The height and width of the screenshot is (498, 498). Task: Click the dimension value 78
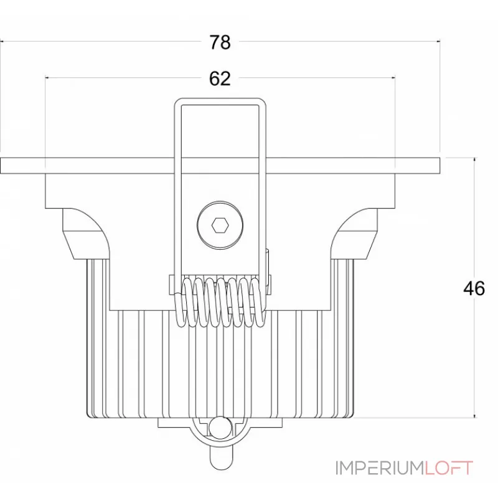(220, 42)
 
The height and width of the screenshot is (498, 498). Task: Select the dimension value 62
(220, 78)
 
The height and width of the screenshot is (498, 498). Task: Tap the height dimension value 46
(474, 289)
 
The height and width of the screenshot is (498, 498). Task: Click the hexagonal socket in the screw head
(220, 225)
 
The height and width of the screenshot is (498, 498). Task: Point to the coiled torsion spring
(220, 302)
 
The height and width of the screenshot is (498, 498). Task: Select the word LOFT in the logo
(449, 468)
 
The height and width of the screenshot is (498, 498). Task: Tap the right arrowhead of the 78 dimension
(438, 41)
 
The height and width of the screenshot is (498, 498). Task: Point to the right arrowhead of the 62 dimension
(393, 77)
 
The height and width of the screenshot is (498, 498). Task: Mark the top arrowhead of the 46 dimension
(475, 159)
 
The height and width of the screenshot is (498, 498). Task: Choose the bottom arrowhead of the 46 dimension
(475, 415)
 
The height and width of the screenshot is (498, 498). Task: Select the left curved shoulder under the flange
(86, 233)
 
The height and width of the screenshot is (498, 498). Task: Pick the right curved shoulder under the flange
(354, 233)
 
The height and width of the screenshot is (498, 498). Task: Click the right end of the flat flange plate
(439, 166)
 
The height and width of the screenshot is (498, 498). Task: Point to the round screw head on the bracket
(220, 224)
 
